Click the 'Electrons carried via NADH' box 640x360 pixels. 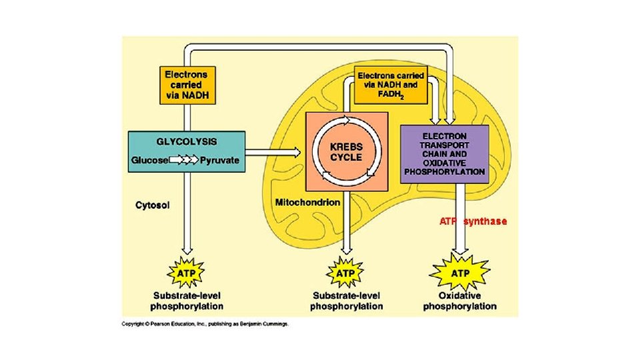(187, 85)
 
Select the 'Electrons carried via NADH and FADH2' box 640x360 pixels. (391, 85)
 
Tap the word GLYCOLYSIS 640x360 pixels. (187, 141)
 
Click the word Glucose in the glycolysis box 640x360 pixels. (150, 160)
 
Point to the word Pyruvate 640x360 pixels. (220, 160)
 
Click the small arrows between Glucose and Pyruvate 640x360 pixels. (185, 160)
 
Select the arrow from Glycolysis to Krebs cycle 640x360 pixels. (273, 153)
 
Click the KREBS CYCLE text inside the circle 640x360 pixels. (347, 152)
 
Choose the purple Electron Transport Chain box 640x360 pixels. (445, 153)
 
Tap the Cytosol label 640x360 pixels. (153, 205)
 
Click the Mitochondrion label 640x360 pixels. (307, 202)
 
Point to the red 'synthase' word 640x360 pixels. (485, 221)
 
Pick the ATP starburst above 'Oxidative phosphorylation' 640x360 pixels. (460, 273)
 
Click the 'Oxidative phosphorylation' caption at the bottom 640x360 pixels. (460, 301)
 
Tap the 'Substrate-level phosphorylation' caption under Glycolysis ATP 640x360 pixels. (187, 301)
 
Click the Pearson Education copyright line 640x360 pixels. (205, 324)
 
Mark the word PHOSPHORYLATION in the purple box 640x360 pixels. (445, 171)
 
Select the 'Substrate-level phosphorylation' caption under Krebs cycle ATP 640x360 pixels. (347, 301)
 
